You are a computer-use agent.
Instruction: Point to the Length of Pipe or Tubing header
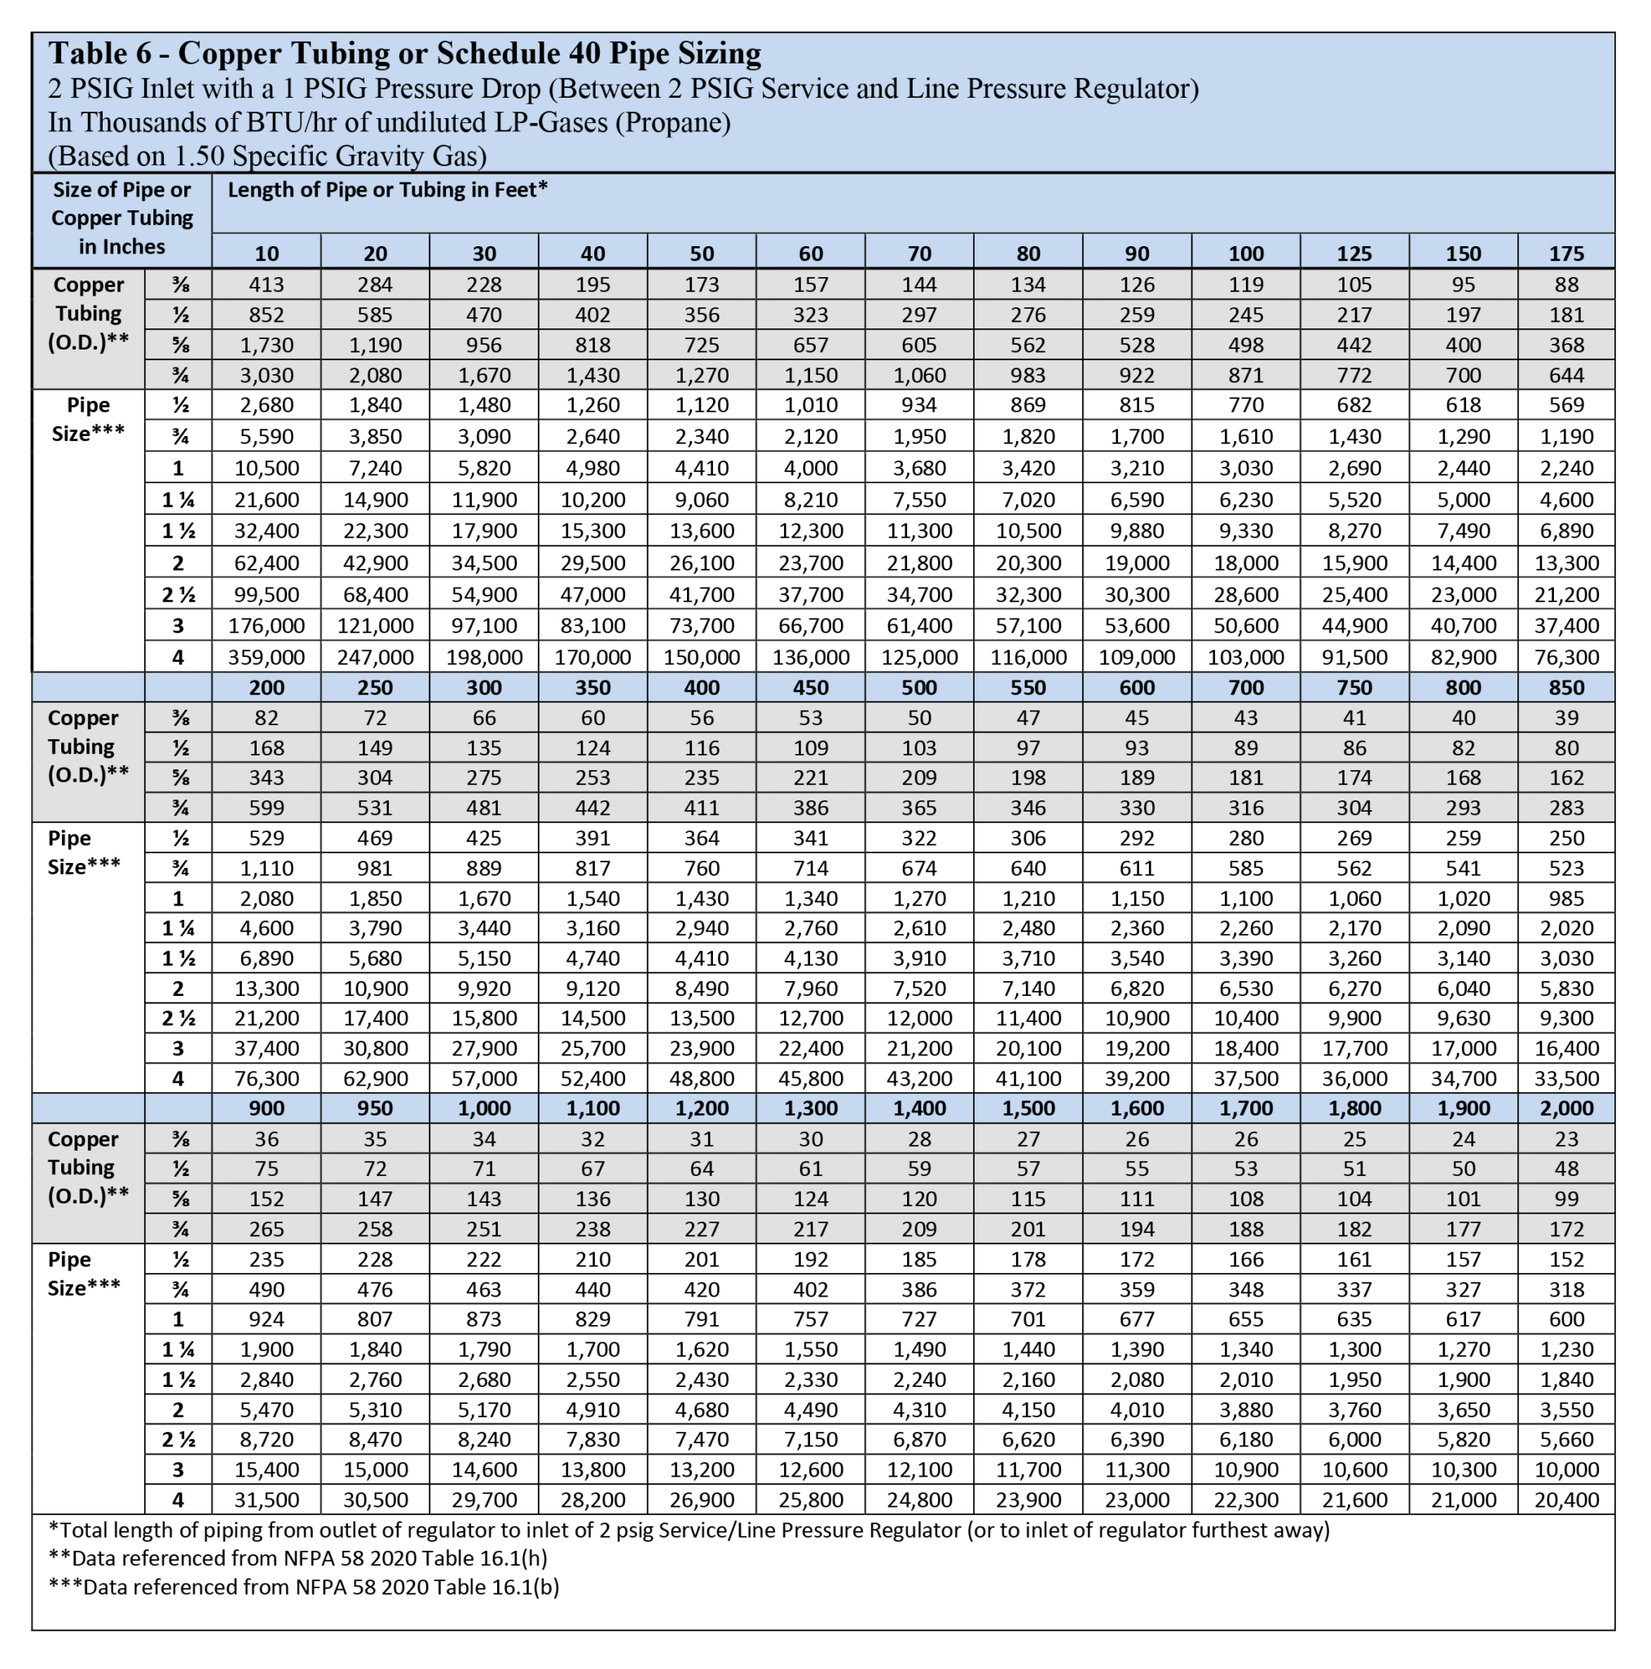point(387,190)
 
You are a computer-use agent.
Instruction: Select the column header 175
point(1565,253)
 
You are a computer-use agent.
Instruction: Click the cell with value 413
point(266,284)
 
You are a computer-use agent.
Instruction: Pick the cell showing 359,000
point(266,657)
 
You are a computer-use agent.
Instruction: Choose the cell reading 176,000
point(266,625)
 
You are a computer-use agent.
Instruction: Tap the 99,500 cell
point(266,594)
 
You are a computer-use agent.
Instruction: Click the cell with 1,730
point(266,345)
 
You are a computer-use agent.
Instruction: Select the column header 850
point(1565,688)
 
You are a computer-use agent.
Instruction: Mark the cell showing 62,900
point(375,1078)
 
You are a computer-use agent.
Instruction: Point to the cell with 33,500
point(1565,1078)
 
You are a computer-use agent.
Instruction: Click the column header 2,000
point(1565,1108)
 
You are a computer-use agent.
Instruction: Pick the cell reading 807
point(375,1319)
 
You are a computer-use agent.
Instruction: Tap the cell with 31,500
point(266,1499)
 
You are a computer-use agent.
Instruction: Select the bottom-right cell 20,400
point(1565,1499)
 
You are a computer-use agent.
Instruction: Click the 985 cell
point(1565,898)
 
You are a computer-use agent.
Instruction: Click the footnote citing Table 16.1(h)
point(298,1558)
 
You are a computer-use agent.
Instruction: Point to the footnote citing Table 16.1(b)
point(304,1587)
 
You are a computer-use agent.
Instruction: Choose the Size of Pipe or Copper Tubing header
point(121,218)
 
